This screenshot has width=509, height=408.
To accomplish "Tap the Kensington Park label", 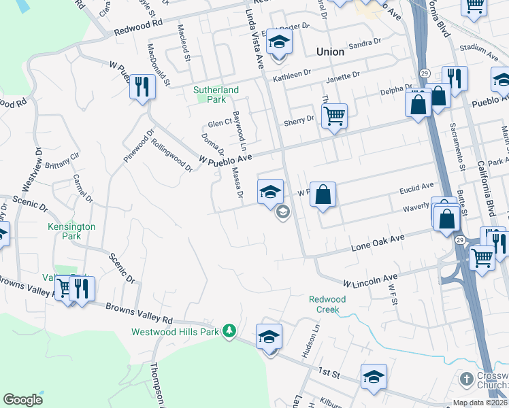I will click(71, 231).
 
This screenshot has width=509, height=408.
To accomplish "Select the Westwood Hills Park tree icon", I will click(230, 330).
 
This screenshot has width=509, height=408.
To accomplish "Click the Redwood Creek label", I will click(327, 304).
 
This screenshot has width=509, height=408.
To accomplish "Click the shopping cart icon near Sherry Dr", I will click(334, 116).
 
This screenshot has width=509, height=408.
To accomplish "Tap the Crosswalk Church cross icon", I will click(466, 377).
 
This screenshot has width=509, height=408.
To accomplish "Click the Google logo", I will click(22, 400).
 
